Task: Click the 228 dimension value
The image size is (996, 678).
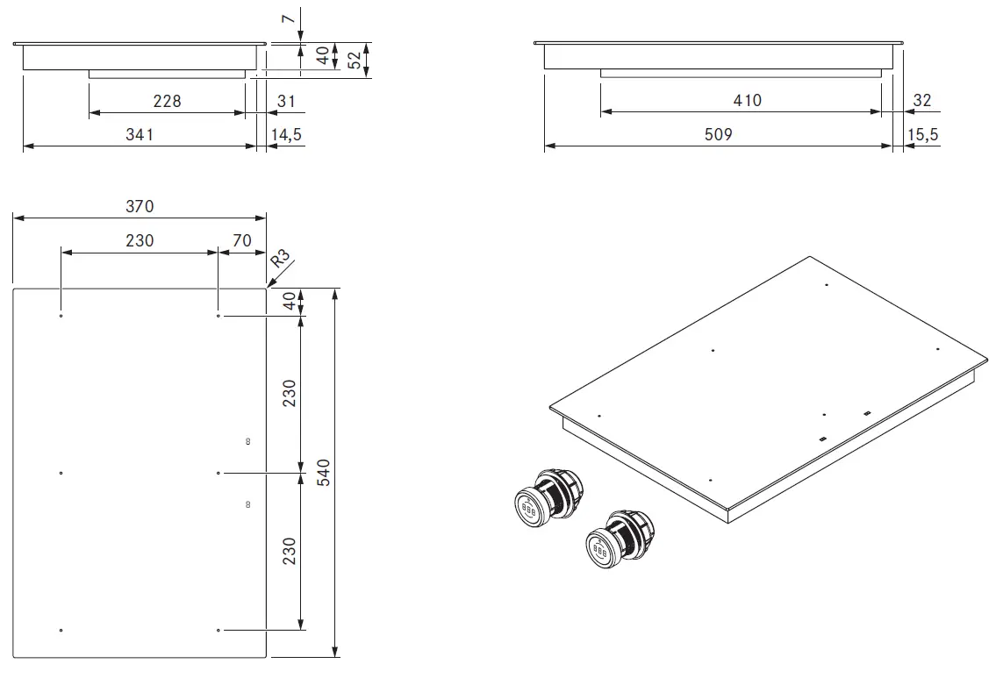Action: pyautogui.click(x=167, y=101)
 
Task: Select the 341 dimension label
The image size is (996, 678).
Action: pyautogui.click(x=140, y=134)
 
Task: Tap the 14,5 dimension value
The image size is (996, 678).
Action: pyautogui.click(x=286, y=134)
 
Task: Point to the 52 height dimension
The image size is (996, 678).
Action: pyautogui.click(x=355, y=60)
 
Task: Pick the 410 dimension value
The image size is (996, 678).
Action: pyautogui.click(x=747, y=100)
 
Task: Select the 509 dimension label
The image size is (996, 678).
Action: pyautogui.click(x=718, y=134)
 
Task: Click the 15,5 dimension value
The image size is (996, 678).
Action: pyautogui.click(x=922, y=134)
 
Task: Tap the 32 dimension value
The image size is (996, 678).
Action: pyautogui.click(x=921, y=101)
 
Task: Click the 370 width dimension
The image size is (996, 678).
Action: pyautogui.click(x=139, y=206)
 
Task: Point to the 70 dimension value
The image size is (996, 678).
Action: pyautogui.click(x=242, y=240)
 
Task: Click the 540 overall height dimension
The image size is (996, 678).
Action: pyautogui.click(x=322, y=474)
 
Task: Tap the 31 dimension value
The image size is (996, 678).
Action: pyautogui.click(x=286, y=101)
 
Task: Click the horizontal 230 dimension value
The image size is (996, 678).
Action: pyautogui.click(x=139, y=240)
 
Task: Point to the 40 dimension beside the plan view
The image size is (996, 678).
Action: pyautogui.click(x=290, y=301)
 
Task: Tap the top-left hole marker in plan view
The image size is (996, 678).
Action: pyautogui.click(x=61, y=316)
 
